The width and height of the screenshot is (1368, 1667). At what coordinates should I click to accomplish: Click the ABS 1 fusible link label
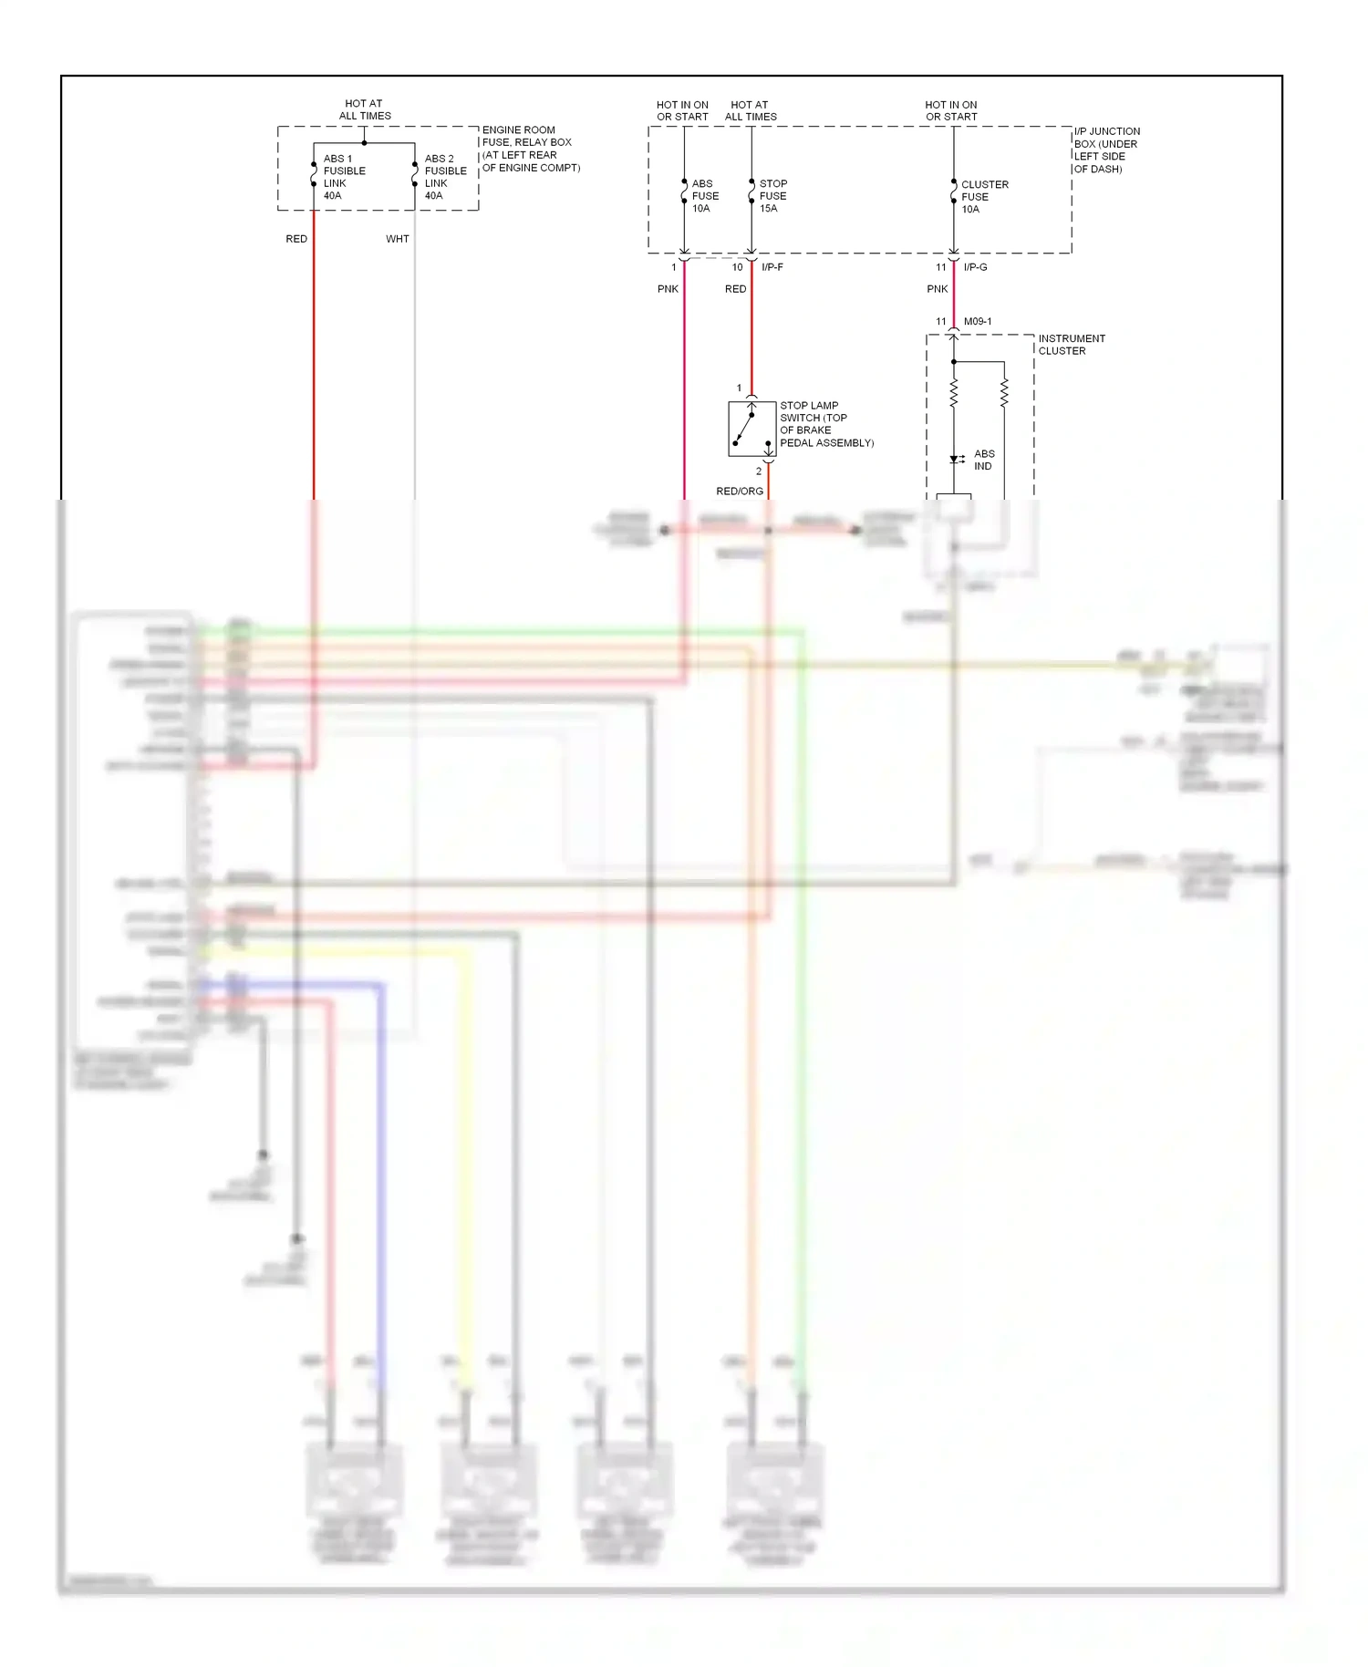coord(344,177)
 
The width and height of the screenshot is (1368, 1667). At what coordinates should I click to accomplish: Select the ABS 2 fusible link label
coord(445,177)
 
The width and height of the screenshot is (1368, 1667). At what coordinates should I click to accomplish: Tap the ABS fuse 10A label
coord(705,196)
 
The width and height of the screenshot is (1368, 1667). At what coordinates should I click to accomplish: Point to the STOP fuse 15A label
coord(772,196)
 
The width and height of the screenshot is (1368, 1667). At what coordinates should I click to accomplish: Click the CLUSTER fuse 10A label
coord(984,197)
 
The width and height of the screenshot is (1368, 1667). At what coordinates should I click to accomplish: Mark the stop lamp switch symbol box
coord(751,429)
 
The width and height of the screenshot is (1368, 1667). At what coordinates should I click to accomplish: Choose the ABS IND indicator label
coord(984,460)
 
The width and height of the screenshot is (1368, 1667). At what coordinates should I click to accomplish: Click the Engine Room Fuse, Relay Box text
coord(530,149)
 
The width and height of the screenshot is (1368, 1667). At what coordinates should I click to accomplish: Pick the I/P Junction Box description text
coord(1106,150)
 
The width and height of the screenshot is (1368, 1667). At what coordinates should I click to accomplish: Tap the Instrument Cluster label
coord(1072,345)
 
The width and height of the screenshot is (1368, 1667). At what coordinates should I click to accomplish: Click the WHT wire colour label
coord(398,239)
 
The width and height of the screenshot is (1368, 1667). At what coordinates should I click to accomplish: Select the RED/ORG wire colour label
coord(740,492)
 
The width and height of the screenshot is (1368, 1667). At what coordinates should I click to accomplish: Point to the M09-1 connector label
coord(978,322)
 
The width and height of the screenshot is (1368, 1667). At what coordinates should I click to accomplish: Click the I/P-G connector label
coord(975,267)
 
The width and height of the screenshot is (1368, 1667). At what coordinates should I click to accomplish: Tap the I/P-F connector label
coord(772,267)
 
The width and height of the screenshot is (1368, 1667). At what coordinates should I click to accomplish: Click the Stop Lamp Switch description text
coord(826,424)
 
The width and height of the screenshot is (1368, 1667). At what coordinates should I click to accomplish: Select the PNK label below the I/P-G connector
coord(938,289)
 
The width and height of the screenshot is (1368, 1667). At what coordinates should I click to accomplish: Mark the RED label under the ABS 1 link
coord(296,239)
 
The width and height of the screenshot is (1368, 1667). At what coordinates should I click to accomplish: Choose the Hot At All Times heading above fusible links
coord(365,110)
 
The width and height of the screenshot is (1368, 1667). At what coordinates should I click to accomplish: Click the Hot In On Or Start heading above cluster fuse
coord(951,111)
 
